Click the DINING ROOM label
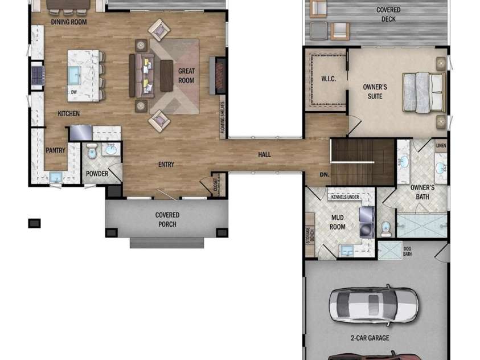click(x=68, y=22)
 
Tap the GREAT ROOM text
click(x=186, y=76)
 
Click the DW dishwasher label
click(x=74, y=91)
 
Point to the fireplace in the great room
click(x=220, y=75)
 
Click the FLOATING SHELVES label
click(x=223, y=120)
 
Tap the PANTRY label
click(x=56, y=150)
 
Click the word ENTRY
click(x=166, y=165)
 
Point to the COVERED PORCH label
click(x=167, y=219)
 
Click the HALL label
click(x=265, y=154)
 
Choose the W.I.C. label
click(x=329, y=79)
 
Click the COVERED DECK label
click(x=388, y=14)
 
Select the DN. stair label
click(x=325, y=175)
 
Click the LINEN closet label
click(x=441, y=146)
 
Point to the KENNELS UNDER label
click(x=345, y=197)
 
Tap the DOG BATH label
click(x=408, y=251)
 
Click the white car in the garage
click(x=374, y=305)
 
